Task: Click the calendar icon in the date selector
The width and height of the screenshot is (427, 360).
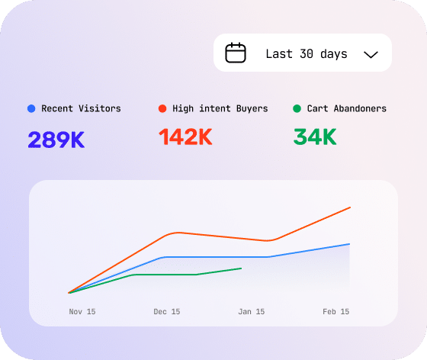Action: click(236, 53)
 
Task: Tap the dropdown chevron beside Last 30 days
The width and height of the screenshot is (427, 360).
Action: click(371, 55)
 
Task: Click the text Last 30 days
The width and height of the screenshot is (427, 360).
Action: click(307, 54)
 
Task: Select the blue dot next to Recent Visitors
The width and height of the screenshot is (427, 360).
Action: click(31, 108)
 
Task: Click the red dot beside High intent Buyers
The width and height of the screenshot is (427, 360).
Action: click(162, 108)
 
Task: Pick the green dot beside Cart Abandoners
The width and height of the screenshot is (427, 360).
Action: click(297, 108)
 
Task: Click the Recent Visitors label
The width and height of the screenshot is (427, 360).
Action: click(81, 108)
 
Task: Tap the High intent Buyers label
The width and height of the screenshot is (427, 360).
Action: click(220, 108)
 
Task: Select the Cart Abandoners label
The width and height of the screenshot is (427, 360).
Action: click(347, 108)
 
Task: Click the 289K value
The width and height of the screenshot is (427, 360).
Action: click(56, 140)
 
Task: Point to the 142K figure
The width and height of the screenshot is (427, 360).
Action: click(185, 137)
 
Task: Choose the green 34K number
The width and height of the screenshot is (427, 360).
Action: click(315, 137)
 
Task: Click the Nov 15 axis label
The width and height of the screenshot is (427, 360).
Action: click(82, 311)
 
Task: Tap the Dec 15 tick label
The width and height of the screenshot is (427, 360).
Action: click(167, 311)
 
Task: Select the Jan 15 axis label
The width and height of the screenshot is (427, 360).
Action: click(252, 311)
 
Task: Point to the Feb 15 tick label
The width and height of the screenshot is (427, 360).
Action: click(335, 311)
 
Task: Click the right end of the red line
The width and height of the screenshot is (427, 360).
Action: click(350, 207)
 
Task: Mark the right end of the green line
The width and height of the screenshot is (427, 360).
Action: click(241, 268)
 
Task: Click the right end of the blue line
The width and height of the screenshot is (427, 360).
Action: click(350, 244)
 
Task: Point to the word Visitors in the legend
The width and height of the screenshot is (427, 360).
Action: click(100, 108)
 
